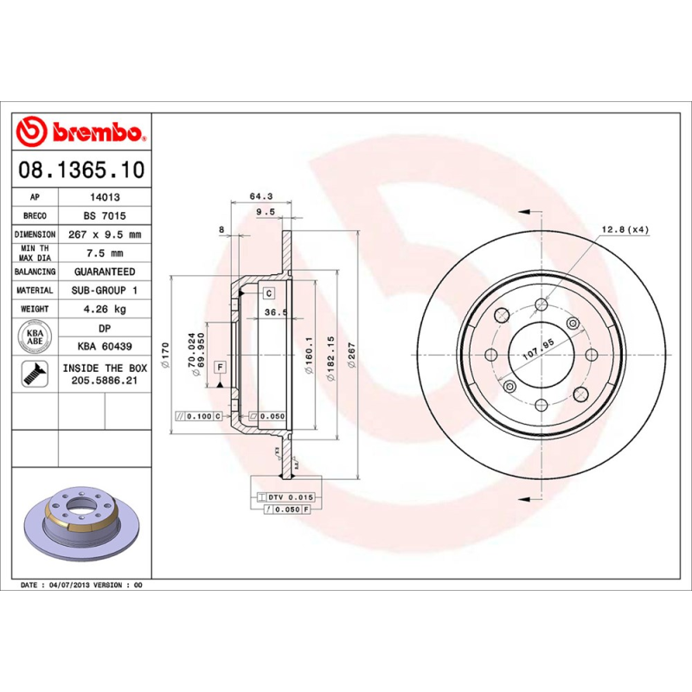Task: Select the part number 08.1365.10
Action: pyautogui.click(x=80, y=170)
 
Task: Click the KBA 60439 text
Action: pyautogui.click(x=105, y=347)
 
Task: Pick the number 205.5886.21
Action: pyautogui.click(x=105, y=379)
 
